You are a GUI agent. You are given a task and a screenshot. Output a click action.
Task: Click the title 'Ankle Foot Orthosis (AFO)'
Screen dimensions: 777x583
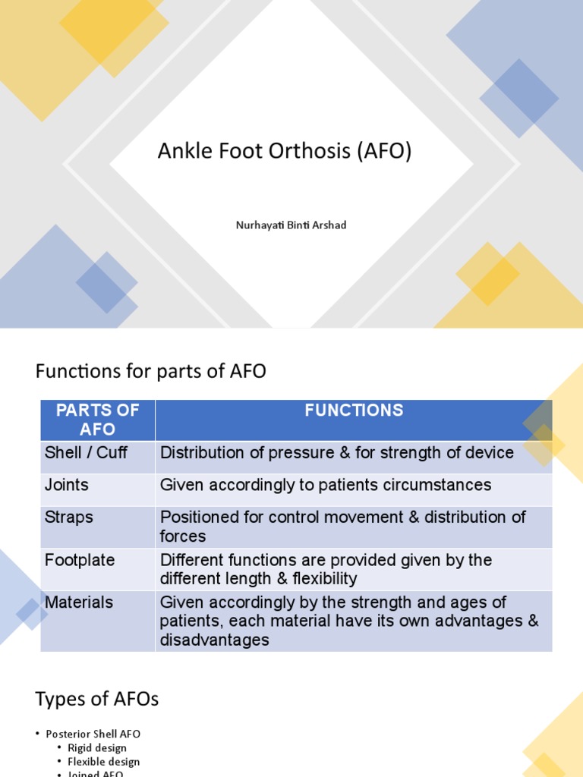tap(284, 152)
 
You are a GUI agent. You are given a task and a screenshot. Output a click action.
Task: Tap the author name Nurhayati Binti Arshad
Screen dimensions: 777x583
tap(291, 225)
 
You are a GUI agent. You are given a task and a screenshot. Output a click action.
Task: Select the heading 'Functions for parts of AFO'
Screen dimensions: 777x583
tap(151, 372)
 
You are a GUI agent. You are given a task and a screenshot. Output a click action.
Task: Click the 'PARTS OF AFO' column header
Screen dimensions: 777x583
tap(98, 420)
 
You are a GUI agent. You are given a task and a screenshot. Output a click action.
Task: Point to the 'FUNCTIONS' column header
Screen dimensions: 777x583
tap(354, 411)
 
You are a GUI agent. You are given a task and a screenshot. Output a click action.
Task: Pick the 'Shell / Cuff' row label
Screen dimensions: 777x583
tap(86, 453)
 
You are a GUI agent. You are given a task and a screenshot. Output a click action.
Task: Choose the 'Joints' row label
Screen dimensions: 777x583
tap(67, 485)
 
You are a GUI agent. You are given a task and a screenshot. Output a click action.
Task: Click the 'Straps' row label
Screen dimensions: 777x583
tap(69, 517)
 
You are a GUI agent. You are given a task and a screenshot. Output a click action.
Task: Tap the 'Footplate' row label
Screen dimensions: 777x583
tap(80, 561)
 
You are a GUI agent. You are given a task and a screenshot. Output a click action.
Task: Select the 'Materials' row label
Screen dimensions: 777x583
tap(79, 602)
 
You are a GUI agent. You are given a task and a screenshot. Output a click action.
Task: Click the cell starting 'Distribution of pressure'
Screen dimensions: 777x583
tap(337, 453)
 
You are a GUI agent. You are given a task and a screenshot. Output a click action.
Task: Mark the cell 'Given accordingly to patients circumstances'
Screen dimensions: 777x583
tap(326, 485)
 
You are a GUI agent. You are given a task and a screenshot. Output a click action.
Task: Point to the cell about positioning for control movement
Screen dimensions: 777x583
tap(342, 527)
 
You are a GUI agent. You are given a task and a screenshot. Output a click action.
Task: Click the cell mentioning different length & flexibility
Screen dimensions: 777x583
tap(326, 569)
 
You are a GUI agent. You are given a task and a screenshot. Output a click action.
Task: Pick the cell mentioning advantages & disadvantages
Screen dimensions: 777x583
tap(349, 621)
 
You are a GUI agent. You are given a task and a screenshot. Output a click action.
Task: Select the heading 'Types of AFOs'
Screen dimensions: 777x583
tap(97, 700)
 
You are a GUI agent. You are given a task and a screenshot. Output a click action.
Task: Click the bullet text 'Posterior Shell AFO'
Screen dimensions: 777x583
tap(93, 735)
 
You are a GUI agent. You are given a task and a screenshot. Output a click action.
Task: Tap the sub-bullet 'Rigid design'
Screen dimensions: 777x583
tap(97, 748)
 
